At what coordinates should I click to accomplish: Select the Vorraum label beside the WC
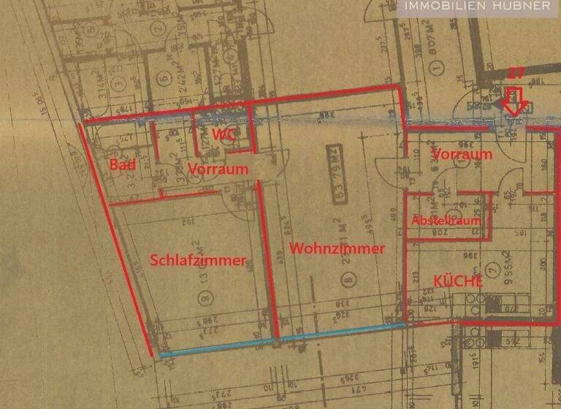click(x=218, y=169)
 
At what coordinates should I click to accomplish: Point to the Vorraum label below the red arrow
click(x=462, y=154)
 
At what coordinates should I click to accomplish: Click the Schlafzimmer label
click(x=198, y=260)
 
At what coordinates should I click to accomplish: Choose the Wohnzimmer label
click(x=337, y=248)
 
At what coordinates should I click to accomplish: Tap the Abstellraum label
click(x=446, y=220)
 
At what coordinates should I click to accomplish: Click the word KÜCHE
click(x=459, y=280)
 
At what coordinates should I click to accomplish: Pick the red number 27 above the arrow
click(x=516, y=73)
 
